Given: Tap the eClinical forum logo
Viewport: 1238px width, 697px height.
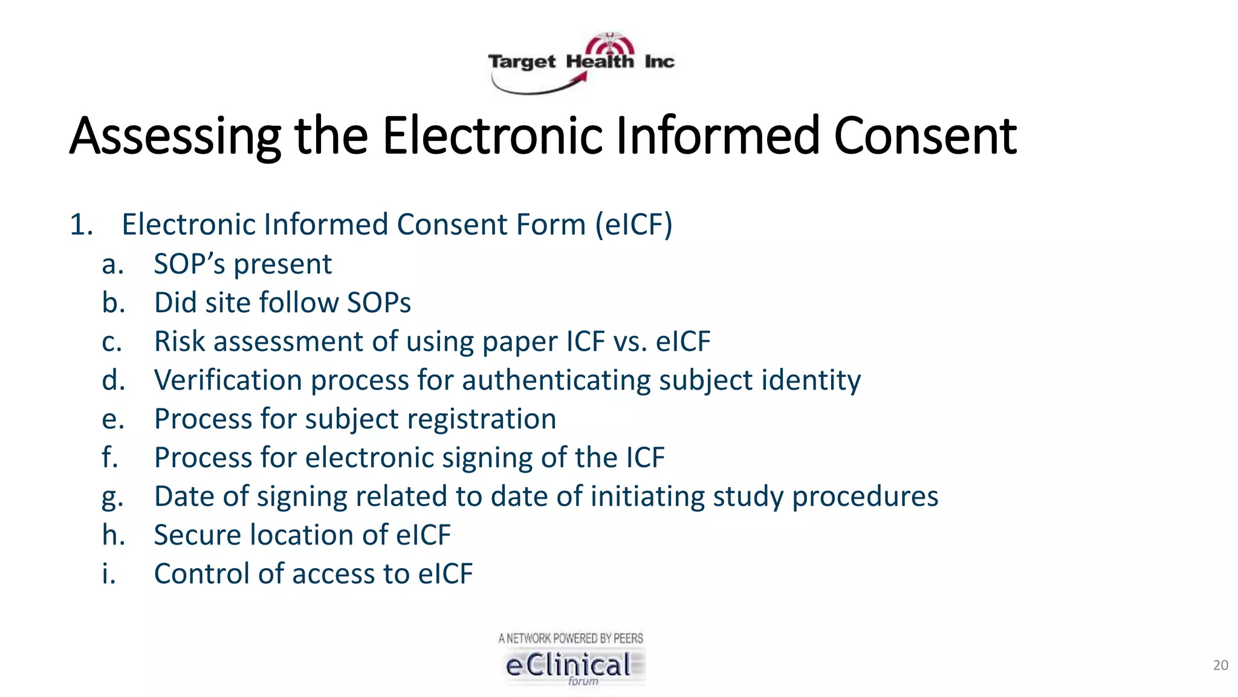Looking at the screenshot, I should point(571,666).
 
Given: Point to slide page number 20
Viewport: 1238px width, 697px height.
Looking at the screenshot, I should point(1220,666).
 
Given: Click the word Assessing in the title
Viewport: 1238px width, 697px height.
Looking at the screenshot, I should point(175,136).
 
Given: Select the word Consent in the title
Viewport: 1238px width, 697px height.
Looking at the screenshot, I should point(925,136).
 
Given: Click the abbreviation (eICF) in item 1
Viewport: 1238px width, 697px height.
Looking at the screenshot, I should point(634,224).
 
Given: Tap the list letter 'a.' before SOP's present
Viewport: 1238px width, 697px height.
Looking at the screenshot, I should point(112,264).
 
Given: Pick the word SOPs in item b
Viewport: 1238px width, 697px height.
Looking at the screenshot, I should point(378,303).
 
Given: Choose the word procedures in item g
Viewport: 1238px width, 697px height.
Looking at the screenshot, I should point(864,497).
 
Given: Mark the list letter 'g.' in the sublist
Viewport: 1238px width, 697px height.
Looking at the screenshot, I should point(112,497).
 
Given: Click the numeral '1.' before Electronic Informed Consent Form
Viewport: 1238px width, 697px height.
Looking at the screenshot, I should point(81,224).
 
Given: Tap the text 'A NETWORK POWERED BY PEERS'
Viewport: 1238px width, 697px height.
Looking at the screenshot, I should point(571,638).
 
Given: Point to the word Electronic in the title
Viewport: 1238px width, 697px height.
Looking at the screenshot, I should point(492,136).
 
